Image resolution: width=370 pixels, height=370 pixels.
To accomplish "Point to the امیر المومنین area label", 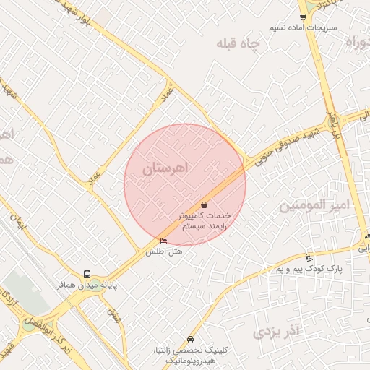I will point(314,206).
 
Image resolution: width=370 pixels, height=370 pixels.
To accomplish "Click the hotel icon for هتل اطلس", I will point(163,241).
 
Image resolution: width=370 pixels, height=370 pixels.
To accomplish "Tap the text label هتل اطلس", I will point(164,252).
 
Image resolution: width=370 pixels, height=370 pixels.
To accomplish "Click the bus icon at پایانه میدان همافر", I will point(87,275).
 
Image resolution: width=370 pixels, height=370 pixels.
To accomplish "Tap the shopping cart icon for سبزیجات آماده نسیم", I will point(302,17).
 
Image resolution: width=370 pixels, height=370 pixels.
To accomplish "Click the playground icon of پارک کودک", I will point(309,258).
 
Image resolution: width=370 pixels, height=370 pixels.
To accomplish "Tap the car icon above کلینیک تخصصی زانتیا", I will point(190,339).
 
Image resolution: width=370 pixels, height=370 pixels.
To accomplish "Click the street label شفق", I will point(113,315).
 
